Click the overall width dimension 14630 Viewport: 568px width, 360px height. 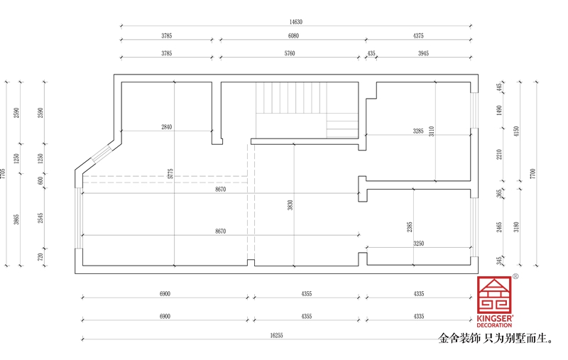[x=295, y=22]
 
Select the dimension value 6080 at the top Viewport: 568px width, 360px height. [x=293, y=36]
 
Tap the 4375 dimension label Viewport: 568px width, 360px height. [x=418, y=36]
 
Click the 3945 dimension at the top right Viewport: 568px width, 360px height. [x=423, y=53]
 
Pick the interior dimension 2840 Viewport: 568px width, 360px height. [x=167, y=127]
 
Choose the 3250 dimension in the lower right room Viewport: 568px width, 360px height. [x=419, y=243]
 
